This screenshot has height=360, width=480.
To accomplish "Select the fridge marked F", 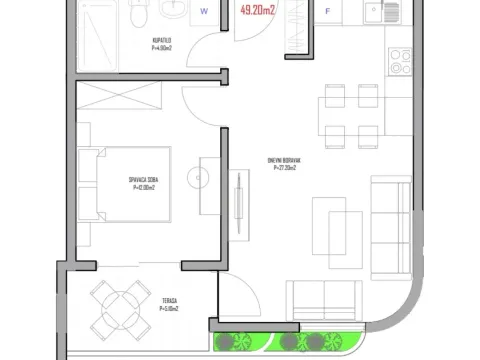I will [x=328, y=13].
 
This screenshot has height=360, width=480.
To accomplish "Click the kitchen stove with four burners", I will [x=400, y=61].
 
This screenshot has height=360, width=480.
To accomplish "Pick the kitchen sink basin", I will [x=373, y=13].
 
